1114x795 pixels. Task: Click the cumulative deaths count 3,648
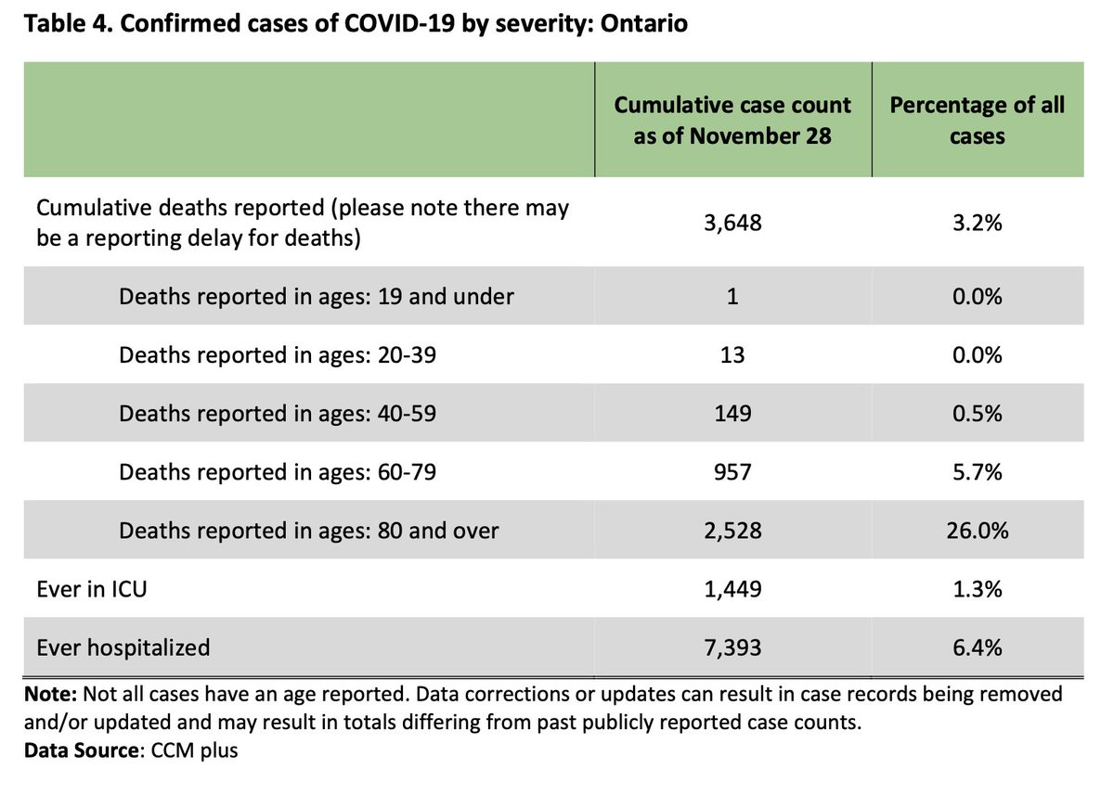pos(732,223)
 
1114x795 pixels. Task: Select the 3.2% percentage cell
pos(978,223)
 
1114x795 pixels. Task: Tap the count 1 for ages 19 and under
pos(732,296)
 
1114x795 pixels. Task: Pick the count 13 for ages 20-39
pos(732,354)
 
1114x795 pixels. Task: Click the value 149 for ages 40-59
pos(732,413)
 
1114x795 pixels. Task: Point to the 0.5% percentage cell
pos(978,413)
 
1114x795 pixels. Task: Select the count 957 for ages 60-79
pos(732,471)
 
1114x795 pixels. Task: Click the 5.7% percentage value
pos(978,471)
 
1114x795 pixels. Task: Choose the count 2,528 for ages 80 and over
pos(732,531)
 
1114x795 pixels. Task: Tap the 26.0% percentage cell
pos(978,531)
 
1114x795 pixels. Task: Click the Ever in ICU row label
pos(92,589)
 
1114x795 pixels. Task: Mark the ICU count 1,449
pos(732,589)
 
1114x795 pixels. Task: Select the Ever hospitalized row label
pos(123,648)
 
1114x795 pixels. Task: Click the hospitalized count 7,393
pos(732,648)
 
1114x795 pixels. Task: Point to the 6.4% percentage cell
pos(978,648)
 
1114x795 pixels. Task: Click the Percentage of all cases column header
pos(978,121)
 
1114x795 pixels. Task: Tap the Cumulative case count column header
pos(732,121)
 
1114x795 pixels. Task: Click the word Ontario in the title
pos(644,23)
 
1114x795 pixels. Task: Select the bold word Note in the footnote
pos(50,694)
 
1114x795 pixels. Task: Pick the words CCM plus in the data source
pos(194,750)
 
